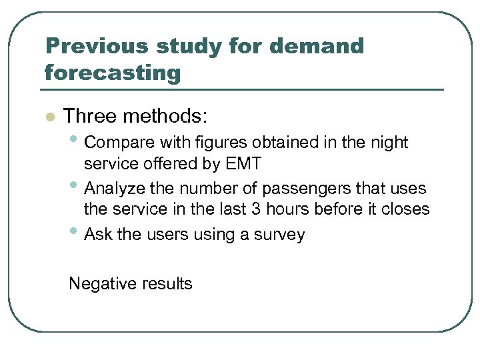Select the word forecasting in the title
point(113,72)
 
